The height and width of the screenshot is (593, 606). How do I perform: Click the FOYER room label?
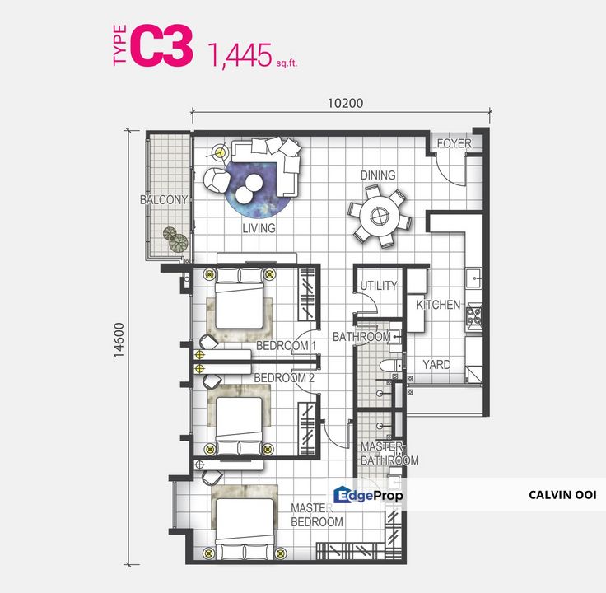[454, 143]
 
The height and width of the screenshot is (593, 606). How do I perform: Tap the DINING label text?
[378, 175]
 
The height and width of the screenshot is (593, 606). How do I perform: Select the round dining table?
[379, 216]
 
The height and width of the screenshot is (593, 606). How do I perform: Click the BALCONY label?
[164, 200]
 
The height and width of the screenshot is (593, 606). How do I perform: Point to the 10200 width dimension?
[346, 103]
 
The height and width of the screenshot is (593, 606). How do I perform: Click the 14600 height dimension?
[119, 341]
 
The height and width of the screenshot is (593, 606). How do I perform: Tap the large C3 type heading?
[161, 45]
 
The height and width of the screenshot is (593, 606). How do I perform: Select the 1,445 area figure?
[240, 55]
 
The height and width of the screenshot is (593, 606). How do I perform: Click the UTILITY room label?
[379, 286]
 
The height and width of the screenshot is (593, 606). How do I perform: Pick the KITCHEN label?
[438, 305]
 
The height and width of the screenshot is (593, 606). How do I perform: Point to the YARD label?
[436, 365]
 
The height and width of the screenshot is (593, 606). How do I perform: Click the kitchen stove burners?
[474, 315]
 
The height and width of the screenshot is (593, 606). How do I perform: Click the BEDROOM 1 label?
[286, 346]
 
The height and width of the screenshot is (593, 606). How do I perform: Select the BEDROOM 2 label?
[284, 378]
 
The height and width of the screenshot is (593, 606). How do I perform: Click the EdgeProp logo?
[368, 495]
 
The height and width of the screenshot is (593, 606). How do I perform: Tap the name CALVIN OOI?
[562, 495]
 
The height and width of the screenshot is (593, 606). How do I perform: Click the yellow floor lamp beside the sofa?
[220, 152]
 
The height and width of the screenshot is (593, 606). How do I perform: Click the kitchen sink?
[473, 278]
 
